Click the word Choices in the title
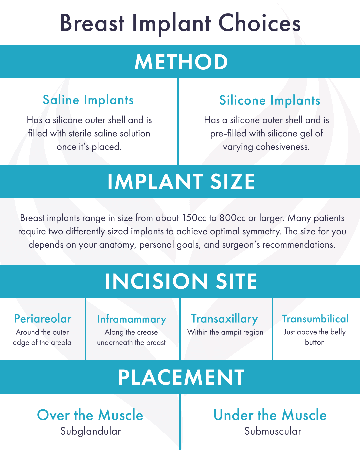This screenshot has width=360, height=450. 259,23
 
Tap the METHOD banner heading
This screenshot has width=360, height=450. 181,62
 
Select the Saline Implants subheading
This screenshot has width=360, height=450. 88,100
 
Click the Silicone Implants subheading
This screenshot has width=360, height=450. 270,100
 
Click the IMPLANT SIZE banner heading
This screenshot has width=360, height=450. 181,182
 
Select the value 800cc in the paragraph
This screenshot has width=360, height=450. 233,218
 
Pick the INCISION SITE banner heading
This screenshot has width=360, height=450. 181,281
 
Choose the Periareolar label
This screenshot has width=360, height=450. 43,319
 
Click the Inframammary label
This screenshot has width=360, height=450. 132,319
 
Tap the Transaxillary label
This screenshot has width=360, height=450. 224,319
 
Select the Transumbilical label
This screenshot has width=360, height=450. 315,319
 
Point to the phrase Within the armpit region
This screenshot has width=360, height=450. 225,332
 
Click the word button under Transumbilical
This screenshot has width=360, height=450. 315,342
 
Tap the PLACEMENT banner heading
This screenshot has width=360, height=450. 181,377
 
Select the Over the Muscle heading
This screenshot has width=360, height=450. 90,415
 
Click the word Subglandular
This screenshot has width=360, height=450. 90,431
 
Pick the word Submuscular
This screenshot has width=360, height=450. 273,431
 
